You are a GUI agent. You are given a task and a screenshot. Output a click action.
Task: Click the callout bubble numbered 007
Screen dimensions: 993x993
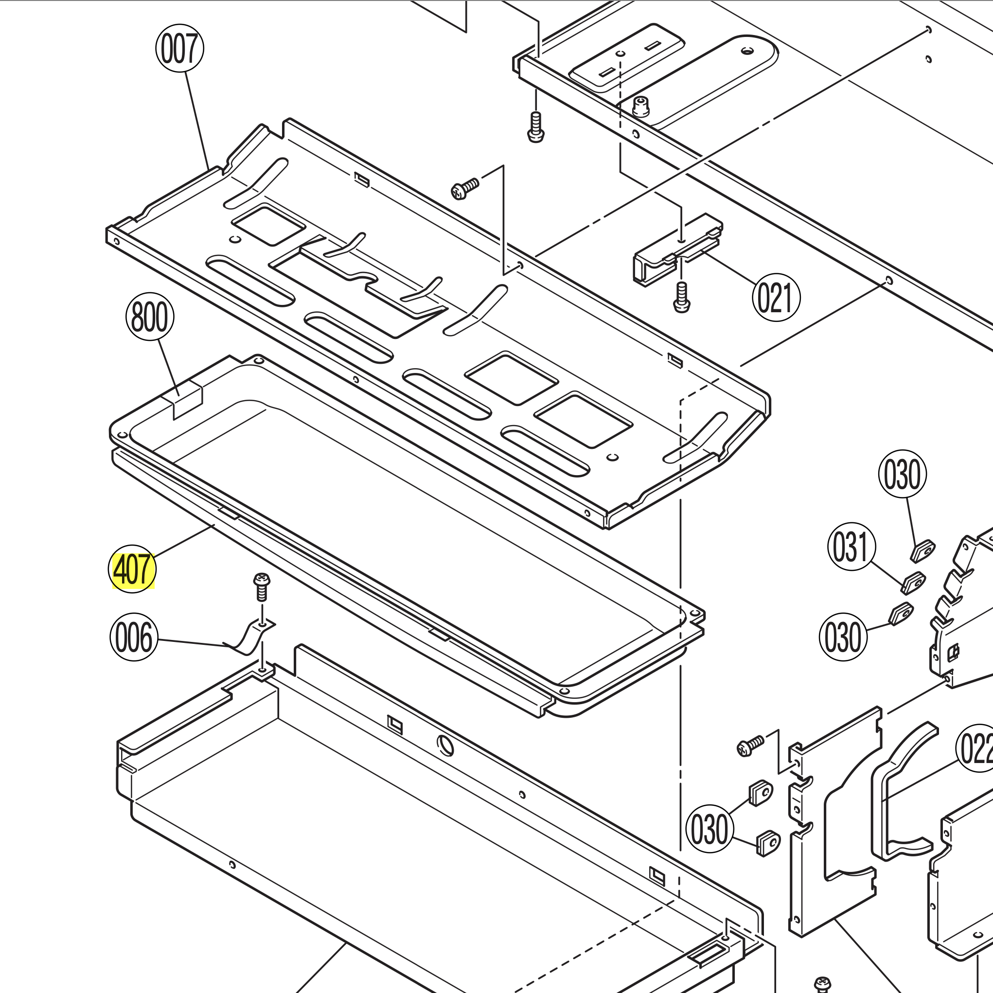coord(179,48)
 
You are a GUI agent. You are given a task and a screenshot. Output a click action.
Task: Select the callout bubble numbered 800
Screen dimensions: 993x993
coord(150,317)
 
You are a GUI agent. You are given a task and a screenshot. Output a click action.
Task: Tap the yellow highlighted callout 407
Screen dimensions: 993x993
coord(133,569)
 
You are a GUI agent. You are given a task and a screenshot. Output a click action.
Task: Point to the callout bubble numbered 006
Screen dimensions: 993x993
coord(134,638)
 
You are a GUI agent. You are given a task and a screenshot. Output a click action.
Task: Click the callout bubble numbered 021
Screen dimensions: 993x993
coord(776,298)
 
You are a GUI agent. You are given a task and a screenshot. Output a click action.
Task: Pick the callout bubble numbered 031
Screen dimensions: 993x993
coord(851,547)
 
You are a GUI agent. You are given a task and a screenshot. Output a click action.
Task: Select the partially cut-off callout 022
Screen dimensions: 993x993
coord(975,748)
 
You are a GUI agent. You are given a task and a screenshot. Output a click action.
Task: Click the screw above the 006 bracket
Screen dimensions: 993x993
coord(262,586)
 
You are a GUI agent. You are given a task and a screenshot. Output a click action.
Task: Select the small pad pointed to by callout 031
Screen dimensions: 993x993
coord(913,583)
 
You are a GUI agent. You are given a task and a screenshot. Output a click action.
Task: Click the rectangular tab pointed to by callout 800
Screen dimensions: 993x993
coord(187,399)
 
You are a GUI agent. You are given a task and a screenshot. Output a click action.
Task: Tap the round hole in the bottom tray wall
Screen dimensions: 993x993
coord(445,746)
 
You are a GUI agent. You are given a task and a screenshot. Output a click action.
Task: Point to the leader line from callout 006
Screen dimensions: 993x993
coord(193,642)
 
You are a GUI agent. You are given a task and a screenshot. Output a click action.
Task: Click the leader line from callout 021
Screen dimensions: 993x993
coord(730,267)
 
